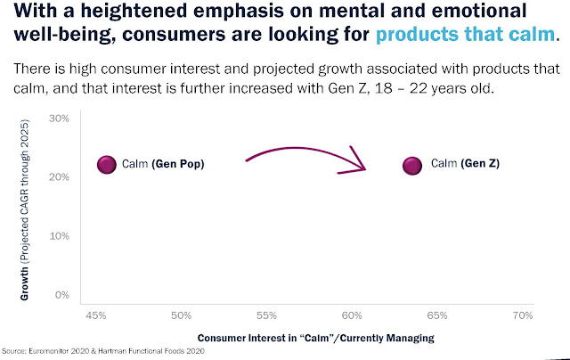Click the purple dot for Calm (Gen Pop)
coord(107,165)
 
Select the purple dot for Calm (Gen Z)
coord(411,166)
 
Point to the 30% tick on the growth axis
coord(59,118)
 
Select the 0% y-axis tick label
coord(62,294)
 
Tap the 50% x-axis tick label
coord(181,315)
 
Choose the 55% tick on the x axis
coord(266,315)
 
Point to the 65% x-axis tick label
coord(437,315)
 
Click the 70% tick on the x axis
coord(523,315)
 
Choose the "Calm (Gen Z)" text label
coord(464,164)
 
